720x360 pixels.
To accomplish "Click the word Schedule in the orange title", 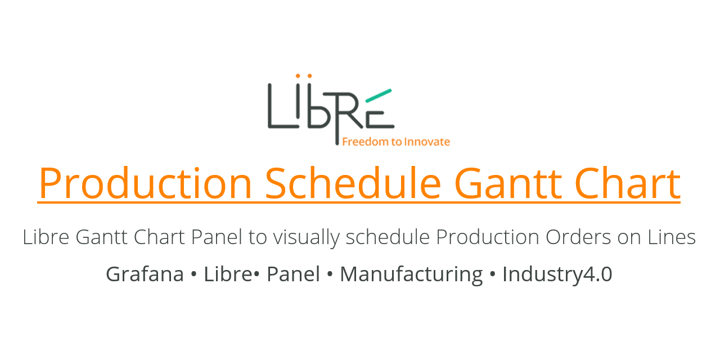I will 353,183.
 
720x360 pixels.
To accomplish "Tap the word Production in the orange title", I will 145,183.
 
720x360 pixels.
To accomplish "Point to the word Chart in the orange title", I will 627,183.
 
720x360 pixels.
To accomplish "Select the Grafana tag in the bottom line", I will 145,274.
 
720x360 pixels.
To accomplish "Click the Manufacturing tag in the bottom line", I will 411,274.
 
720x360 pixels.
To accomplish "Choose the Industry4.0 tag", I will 557,274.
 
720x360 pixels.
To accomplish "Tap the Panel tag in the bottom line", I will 293,274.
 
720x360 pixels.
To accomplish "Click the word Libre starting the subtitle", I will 46,237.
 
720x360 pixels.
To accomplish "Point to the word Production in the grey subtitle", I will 487,237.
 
